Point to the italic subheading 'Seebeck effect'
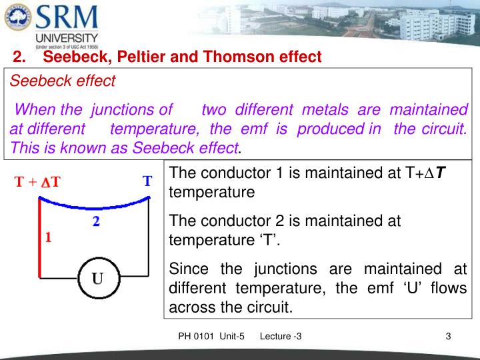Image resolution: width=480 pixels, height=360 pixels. [x=62, y=81]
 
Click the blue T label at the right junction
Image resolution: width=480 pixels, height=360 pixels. [x=147, y=181]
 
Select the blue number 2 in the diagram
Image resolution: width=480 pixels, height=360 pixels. [x=97, y=223]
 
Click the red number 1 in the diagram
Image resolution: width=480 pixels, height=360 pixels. [x=48, y=236]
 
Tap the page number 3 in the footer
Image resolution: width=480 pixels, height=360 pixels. [x=449, y=336]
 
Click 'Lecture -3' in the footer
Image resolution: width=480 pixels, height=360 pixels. [x=280, y=336]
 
